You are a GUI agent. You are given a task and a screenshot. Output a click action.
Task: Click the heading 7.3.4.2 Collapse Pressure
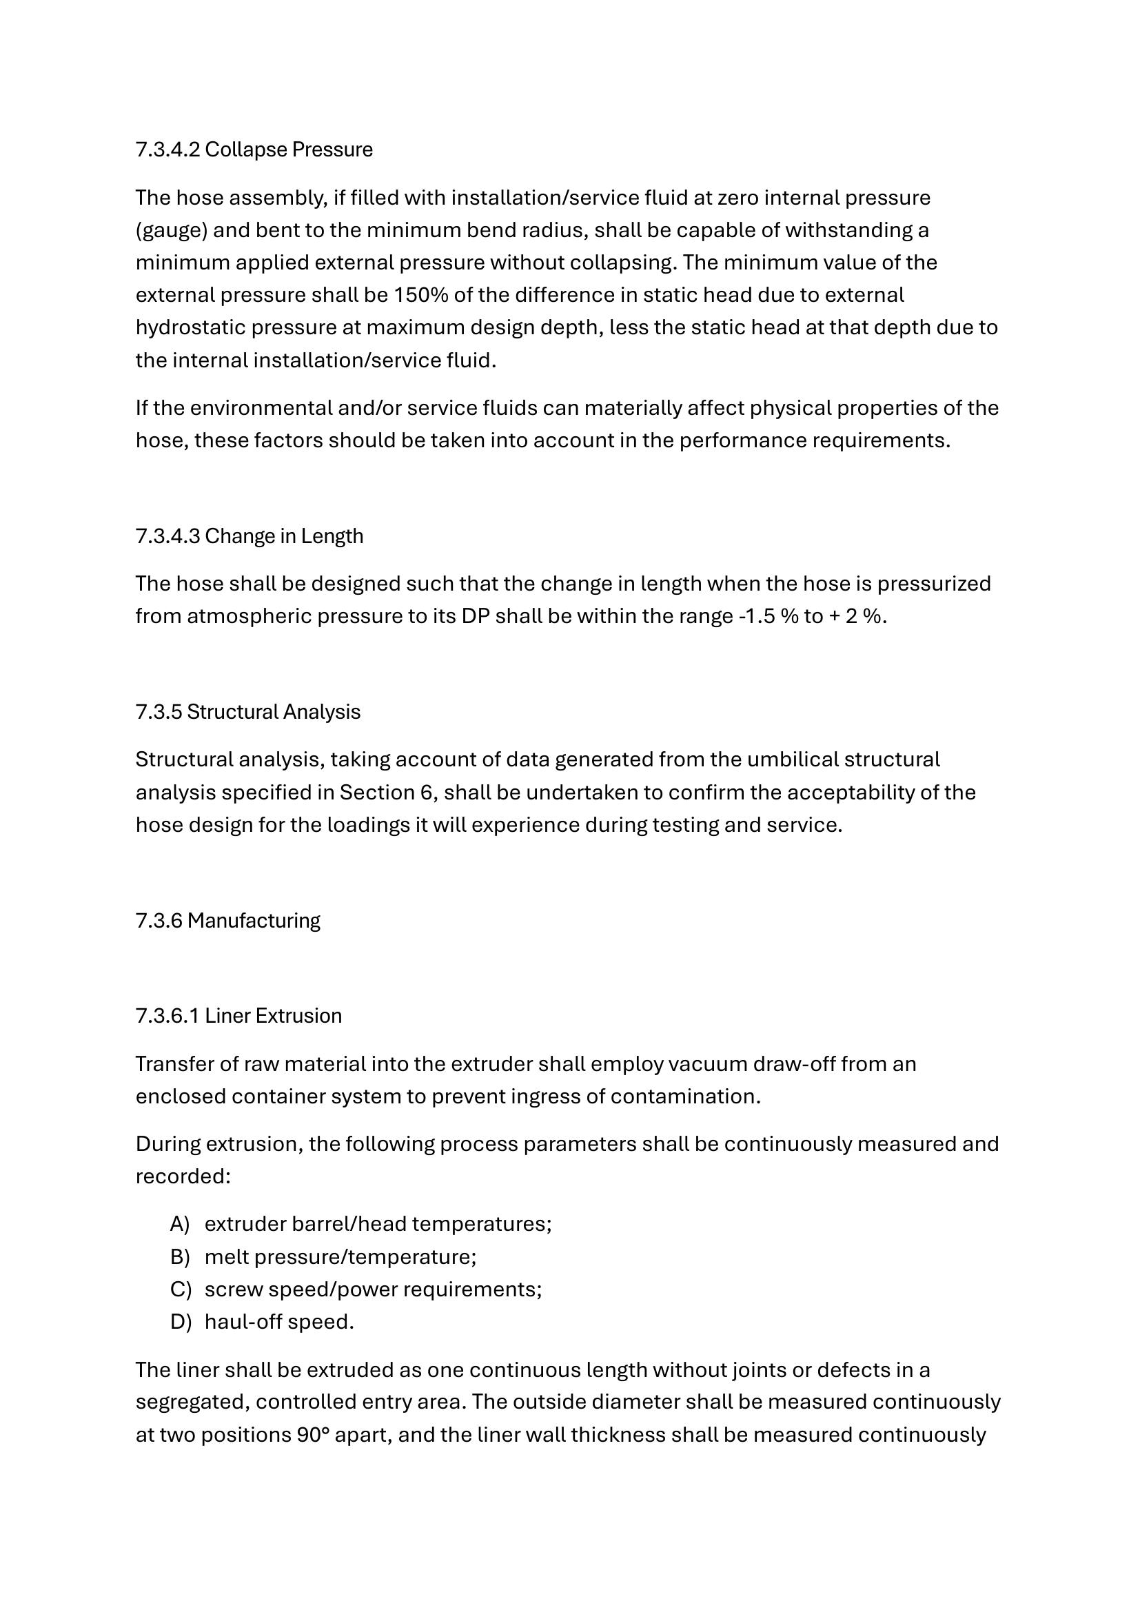(254, 150)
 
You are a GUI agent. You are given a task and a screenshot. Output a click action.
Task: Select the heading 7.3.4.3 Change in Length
(250, 535)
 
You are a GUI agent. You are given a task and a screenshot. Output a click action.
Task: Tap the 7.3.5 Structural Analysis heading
(248, 711)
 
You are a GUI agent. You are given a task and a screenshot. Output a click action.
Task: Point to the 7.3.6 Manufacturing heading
(227, 920)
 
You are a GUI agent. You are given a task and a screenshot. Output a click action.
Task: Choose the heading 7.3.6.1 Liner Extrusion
(238, 1015)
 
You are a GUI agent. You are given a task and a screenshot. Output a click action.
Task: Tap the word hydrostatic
(190, 327)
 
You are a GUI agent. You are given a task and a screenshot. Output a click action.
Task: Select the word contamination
(684, 1096)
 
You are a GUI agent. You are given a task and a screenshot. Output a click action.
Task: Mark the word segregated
(191, 1402)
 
